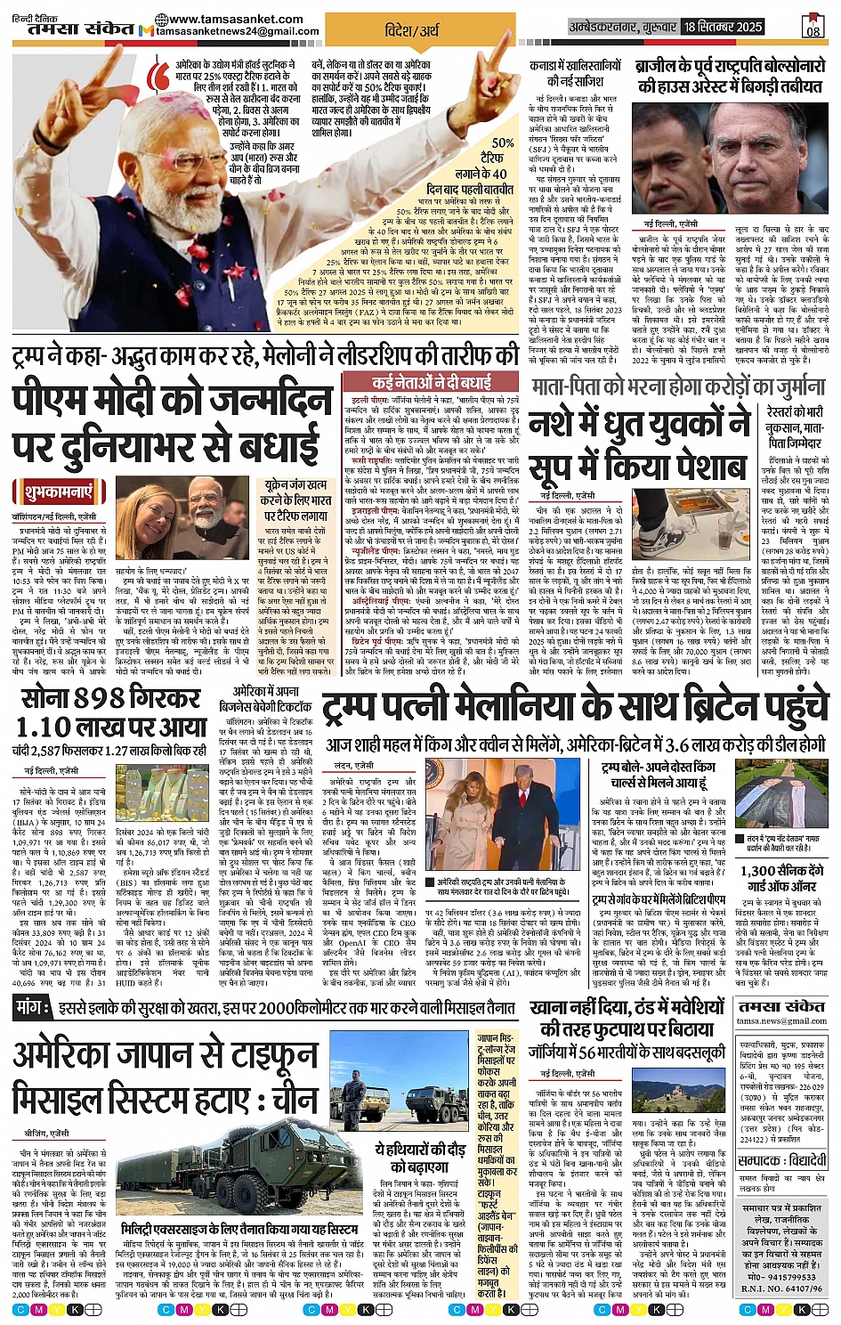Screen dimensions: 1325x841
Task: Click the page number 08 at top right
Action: click(x=812, y=27)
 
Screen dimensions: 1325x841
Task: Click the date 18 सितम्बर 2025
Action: click(x=724, y=28)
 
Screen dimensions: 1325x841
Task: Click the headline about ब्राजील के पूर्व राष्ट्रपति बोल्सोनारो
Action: click(x=729, y=77)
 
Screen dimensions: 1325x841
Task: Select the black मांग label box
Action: click(x=34, y=1008)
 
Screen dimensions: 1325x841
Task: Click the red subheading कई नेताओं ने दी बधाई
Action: click(x=431, y=383)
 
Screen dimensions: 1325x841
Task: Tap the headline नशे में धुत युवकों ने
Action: click(x=640, y=424)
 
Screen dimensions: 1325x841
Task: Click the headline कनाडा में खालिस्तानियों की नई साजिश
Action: click(x=575, y=73)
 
